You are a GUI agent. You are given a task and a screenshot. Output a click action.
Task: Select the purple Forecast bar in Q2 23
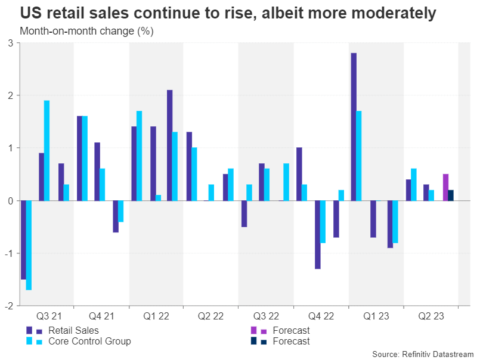pyautogui.click(x=445, y=187)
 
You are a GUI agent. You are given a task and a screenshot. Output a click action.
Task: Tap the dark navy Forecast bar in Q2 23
pyautogui.click(x=451, y=195)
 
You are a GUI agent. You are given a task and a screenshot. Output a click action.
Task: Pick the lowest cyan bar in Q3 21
pyautogui.click(x=29, y=245)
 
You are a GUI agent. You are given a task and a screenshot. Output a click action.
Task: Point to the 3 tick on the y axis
pyautogui.click(x=10, y=43)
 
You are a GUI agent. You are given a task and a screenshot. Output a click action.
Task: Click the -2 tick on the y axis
pyautogui.click(x=9, y=306)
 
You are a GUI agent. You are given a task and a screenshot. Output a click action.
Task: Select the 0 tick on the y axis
pyautogui.click(x=10, y=201)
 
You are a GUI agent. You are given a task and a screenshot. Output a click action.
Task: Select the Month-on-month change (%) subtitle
pyautogui.click(x=87, y=31)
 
